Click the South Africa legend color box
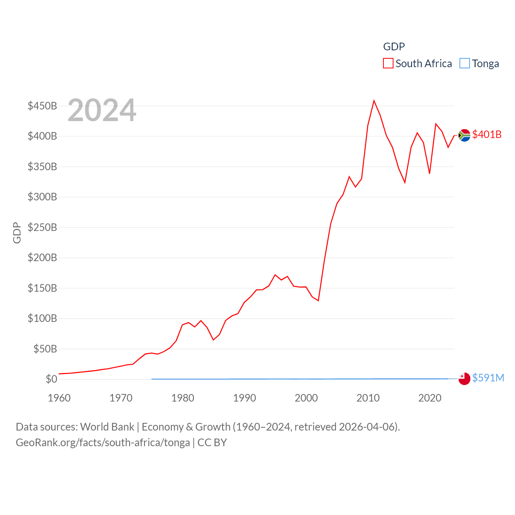[388, 64]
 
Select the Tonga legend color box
[464, 64]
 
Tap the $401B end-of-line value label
[487, 134]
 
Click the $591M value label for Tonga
[488, 378]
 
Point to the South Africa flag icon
[464, 135]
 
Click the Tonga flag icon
[464, 379]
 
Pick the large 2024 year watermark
[102, 110]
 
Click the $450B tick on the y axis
[42, 106]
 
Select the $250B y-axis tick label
[42, 227]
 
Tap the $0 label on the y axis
[51, 379]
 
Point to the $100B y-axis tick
[42, 318]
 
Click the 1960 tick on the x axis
[59, 398]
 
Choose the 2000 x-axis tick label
[306, 398]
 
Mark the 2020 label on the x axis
[430, 398]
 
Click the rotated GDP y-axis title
[17, 233]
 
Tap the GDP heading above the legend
[394, 47]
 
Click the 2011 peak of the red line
[374, 101]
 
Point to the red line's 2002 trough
[318, 301]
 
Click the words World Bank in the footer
[107, 426]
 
